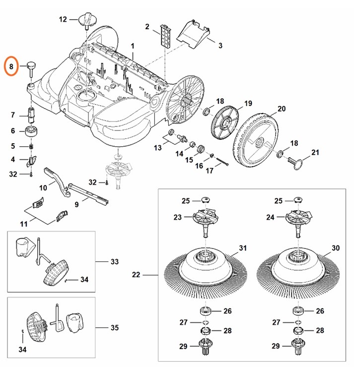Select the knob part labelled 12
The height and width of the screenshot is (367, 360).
87,21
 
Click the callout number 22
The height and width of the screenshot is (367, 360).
136,274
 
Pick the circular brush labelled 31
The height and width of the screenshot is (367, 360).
204,268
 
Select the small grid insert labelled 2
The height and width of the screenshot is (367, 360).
165,35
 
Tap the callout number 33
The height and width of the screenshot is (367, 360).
115,261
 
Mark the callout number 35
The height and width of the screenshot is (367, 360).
115,327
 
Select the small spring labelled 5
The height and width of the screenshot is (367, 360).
31,146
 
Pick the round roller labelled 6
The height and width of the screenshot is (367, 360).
31,131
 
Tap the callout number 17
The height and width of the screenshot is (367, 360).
210,171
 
